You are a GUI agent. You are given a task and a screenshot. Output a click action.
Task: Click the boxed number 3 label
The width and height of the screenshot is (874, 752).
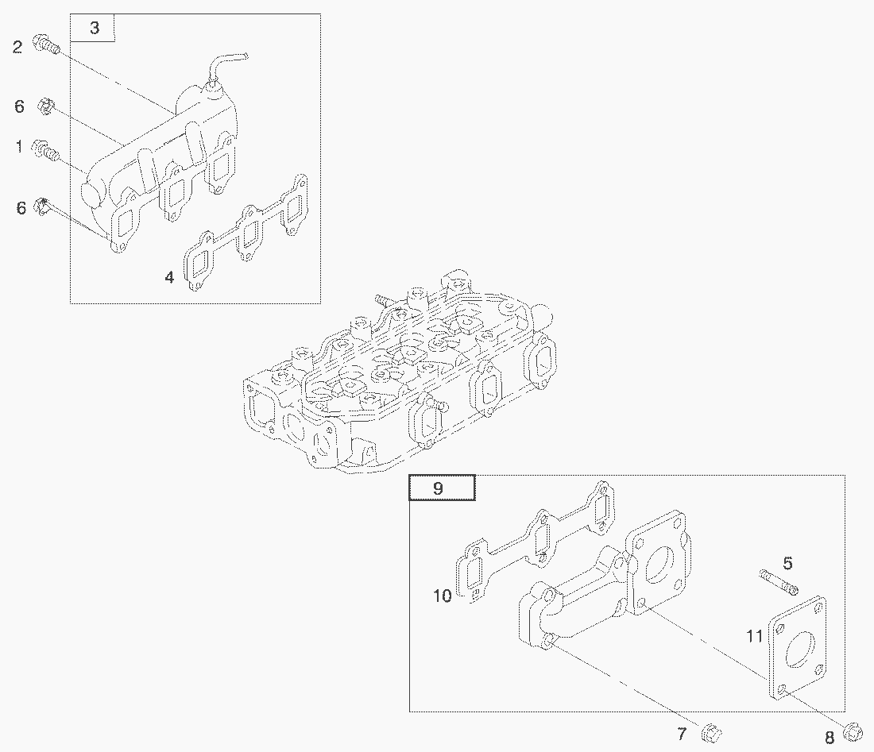(95, 28)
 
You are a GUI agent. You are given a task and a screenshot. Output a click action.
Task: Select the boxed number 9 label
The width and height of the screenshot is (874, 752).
(438, 488)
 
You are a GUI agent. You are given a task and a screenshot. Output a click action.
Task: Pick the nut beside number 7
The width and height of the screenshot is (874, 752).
(711, 732)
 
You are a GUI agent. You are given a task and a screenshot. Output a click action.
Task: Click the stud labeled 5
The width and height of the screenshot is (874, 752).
(778, 581)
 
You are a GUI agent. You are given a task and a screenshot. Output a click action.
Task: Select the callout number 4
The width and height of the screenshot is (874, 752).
(169, 277)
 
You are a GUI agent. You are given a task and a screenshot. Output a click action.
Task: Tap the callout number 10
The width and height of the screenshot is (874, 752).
(442, 596)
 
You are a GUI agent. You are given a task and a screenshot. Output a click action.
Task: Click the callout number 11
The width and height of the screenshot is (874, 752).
(755, 635)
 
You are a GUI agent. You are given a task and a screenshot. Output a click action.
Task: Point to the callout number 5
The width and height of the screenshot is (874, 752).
(787, 563)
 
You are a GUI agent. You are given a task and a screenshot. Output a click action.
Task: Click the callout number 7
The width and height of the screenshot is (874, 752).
(682, 734)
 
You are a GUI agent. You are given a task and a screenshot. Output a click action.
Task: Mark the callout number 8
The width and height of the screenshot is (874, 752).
(830, 738)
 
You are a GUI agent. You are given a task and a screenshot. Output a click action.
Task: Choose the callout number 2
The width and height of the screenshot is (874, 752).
(17, 47)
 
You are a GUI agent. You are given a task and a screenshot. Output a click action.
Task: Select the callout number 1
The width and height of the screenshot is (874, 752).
(20, 146)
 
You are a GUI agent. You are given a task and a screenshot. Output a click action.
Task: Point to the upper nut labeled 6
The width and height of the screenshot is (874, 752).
(45, 106)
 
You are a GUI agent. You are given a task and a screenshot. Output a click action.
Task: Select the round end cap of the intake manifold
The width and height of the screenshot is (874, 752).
(90, 190)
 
